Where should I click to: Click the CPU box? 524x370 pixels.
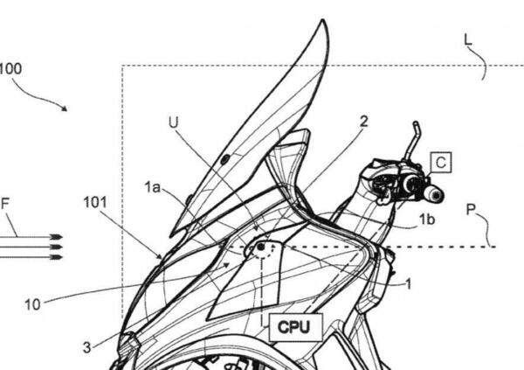[x=296, y=327]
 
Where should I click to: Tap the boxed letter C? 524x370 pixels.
[x=441, y=163]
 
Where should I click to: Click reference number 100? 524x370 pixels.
[x=10, y=68]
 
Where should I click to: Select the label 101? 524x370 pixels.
[x=95, y=202]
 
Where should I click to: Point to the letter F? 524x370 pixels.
[x=5, y=204]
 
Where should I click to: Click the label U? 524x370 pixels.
[x=174, y=122]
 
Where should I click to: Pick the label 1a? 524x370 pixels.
[x=152, y=187]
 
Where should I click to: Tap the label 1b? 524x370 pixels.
[x=427, y=220]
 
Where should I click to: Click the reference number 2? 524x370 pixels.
[x=364, y=122]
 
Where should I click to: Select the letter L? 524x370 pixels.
[x=468, y=39]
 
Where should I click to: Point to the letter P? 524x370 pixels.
[x=471, y=210]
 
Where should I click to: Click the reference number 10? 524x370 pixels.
[x=32, y=304]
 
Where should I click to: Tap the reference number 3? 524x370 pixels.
[x=86, y=347]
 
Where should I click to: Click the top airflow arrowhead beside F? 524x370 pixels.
[x=57, y=237]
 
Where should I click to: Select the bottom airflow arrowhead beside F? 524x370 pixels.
[x=57, y=257]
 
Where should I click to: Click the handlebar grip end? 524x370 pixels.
[x=436, y=194]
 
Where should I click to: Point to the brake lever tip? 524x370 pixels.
[x=416, y=123]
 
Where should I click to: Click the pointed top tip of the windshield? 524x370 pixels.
[x=323, y=20]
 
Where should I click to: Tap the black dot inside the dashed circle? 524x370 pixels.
[x=260, y=248]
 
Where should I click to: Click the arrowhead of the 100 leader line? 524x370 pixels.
[x=65, y=108]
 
